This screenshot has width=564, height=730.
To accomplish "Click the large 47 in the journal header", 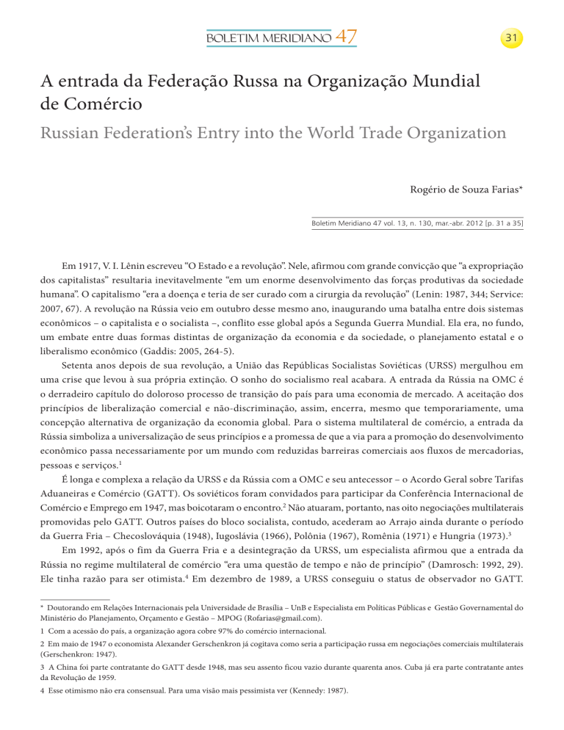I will tap(344, 35).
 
